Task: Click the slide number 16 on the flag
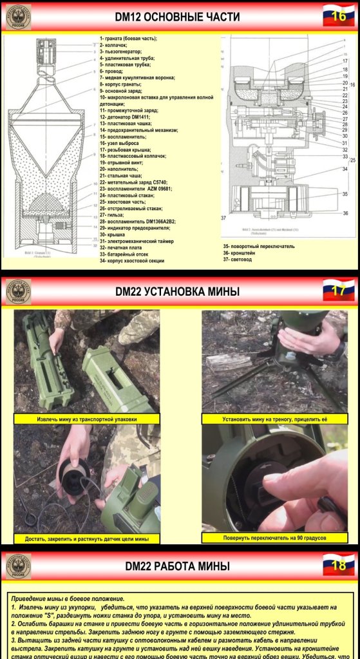point(339,16)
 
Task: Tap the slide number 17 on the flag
point(339,291)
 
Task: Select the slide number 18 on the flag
point(339,566)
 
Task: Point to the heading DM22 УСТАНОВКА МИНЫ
point(177,291)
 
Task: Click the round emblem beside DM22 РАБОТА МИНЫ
point(18,566)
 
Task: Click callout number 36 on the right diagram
point(345,213)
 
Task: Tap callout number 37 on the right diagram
point(223,218)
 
